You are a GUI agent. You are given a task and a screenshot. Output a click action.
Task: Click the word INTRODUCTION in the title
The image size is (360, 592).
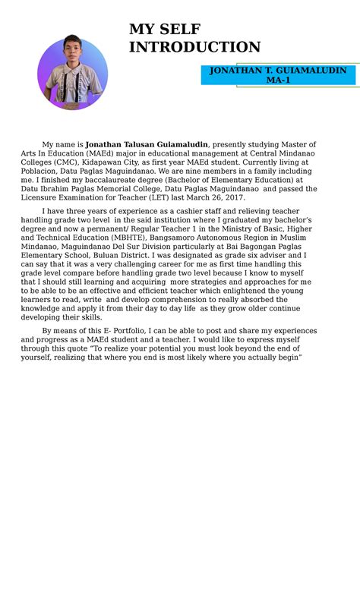click(x=194, y=48)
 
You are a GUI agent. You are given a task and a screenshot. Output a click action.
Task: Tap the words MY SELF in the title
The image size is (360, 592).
click(x=165, y=30)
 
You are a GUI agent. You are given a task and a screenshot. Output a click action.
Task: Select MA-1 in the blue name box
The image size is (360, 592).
click(x=278, y=80)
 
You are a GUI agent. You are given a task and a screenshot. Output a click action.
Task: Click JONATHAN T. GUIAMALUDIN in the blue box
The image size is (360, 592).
click(x=278, y=71)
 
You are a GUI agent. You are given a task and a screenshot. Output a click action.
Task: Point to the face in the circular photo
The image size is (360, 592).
click(x=72, y=52)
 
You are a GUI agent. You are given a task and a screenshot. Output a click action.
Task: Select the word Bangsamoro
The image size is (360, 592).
click(x=190, y=238)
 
